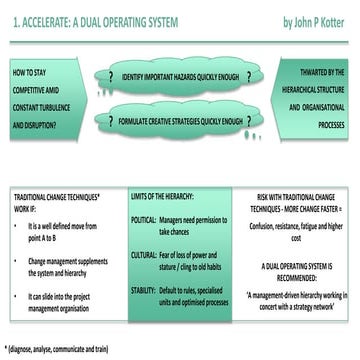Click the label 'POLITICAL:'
144,217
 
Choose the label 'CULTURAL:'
144,255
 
